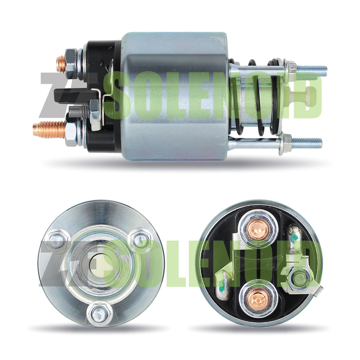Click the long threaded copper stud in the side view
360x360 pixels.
click(49, 130)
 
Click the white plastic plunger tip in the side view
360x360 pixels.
click(302, 94)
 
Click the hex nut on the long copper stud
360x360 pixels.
click(72, 132)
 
